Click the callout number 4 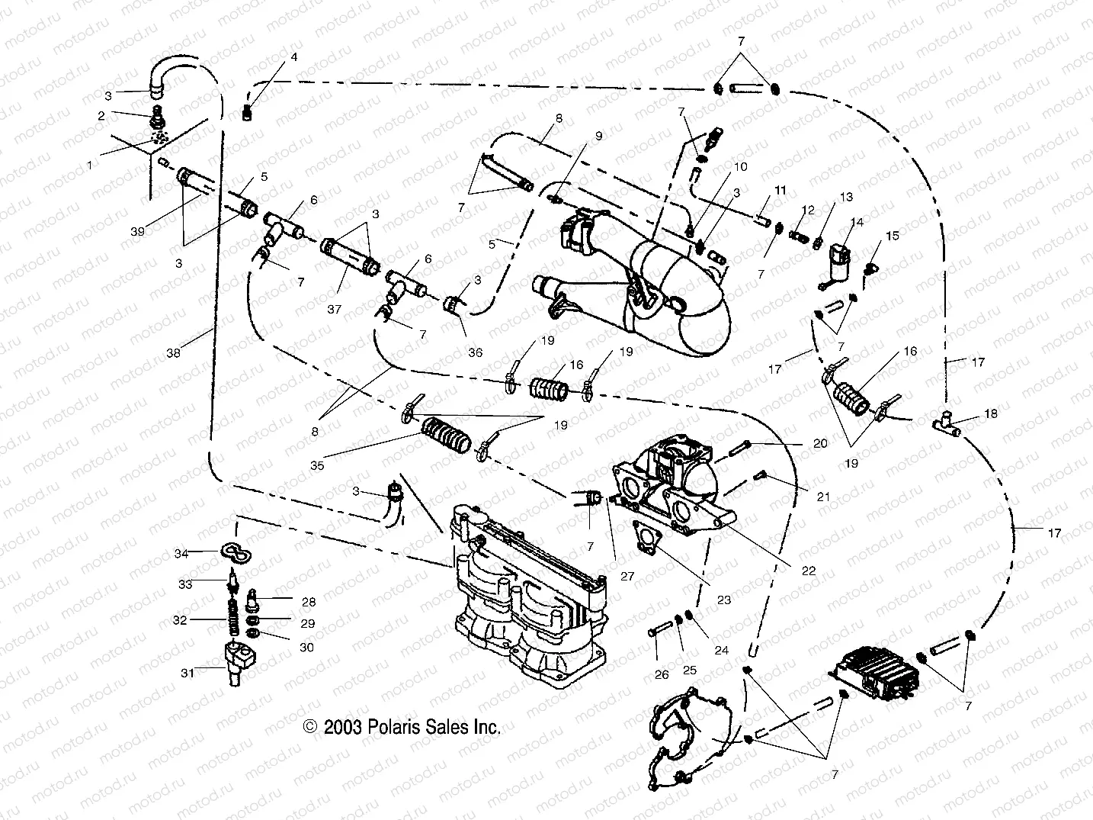click(x=294, y=57)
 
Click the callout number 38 click(x=174, y=353)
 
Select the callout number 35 click(x=317, y=465)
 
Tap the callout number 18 click(x=990, y=413)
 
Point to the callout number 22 click(x=809, y=570)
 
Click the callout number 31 click(x=188, y=673)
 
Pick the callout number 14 click(x=857, y=222)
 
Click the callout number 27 click(x=627, y=577)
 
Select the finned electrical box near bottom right click(x=871, y=672)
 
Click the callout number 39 click(x=137, y=232)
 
